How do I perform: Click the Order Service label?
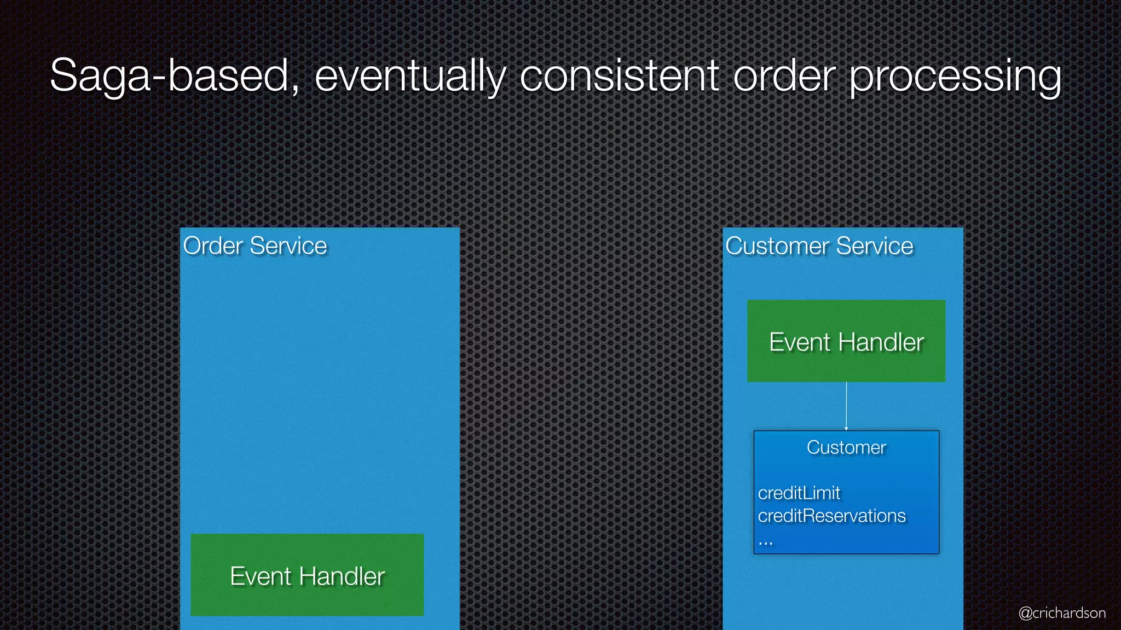[x=255, y=246]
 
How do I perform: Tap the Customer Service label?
[x=819, y=246]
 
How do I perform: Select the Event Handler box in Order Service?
[x=307, y=575]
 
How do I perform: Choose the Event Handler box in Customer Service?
[x=846, y=341]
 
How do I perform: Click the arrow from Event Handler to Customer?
[x=846, y=405]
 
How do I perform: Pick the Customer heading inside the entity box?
[x=846, y=447]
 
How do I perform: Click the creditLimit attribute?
[x=799, y=493]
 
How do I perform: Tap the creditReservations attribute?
[x=831, y=516]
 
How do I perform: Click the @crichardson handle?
[x=1062, y=613]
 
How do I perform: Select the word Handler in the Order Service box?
[x=342, y=576]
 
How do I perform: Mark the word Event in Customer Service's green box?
[x=800, y=342]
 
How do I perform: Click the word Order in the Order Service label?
[x=213, y=246]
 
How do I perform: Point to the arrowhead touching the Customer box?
[x=846, y=429]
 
